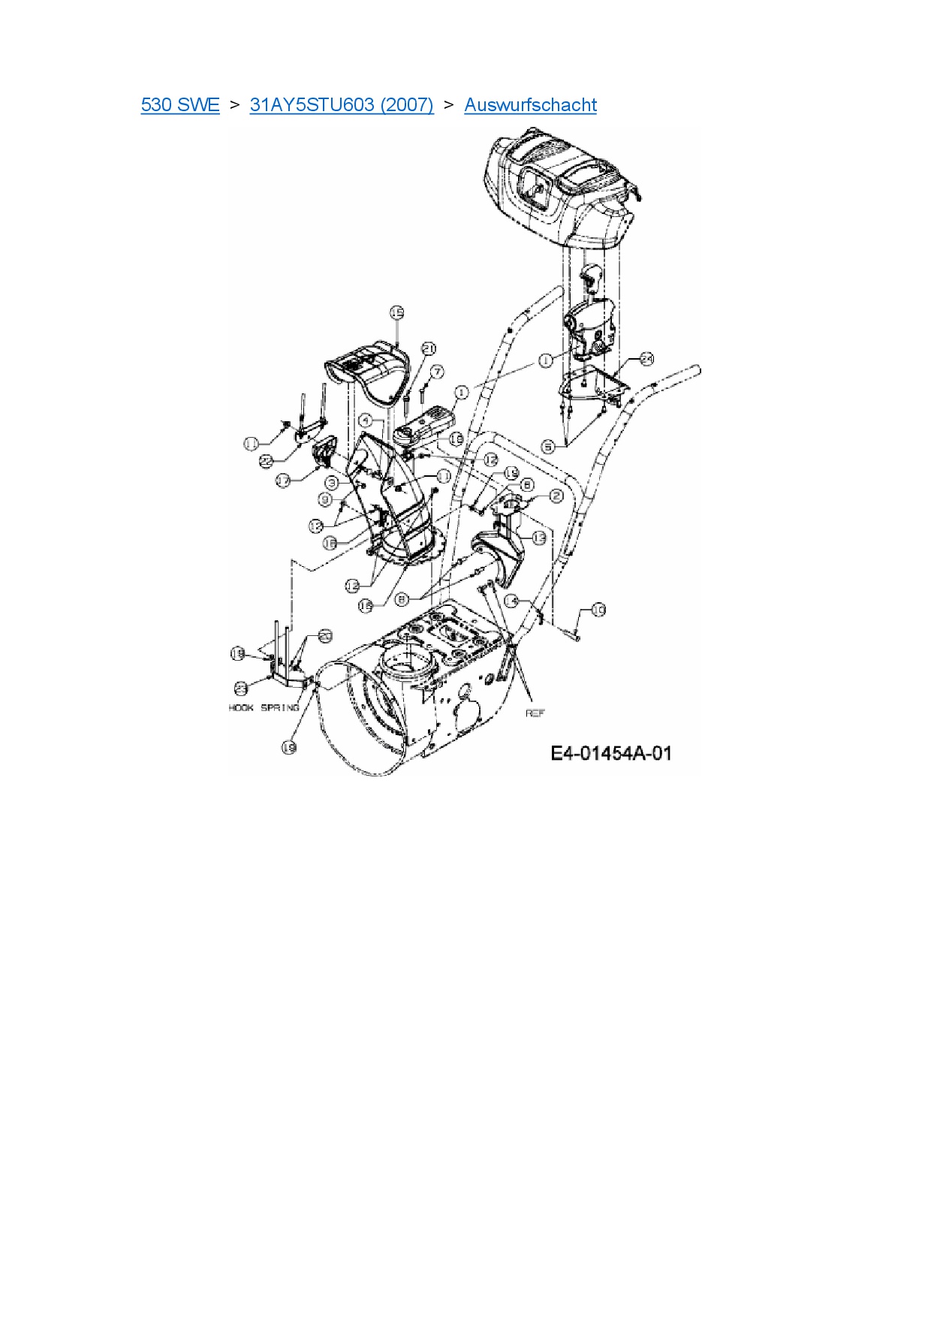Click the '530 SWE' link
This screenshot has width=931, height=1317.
click(180, 104)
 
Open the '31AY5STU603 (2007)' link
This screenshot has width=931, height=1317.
click(342, 104)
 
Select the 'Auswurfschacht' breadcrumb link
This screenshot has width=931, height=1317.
click(530, 104)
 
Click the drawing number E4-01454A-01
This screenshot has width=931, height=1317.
click(611, 752)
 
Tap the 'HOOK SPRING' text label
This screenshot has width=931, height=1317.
click(264, 708)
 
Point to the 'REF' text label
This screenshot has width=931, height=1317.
click(535, 713)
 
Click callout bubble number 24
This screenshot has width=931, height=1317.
click(646, 359)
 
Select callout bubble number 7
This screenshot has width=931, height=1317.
click(437, 372)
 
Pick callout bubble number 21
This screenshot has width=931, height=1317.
click(429, 348)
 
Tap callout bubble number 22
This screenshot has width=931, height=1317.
click(265, 462)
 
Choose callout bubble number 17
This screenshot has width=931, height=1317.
click(283, 480)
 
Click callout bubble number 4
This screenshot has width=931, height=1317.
click(365, 420)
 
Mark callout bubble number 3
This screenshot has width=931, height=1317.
click(331, 483)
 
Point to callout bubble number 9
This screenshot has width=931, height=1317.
click(325, 499)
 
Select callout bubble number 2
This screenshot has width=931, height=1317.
click(556, 496)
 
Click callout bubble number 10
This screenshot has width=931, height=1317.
click(598, 610)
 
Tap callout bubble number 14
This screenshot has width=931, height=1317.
click(512, 601)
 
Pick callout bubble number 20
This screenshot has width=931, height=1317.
click(325, 635)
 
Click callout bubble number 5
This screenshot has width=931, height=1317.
click(549, 447)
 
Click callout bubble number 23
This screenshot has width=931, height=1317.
click(240, 687)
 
